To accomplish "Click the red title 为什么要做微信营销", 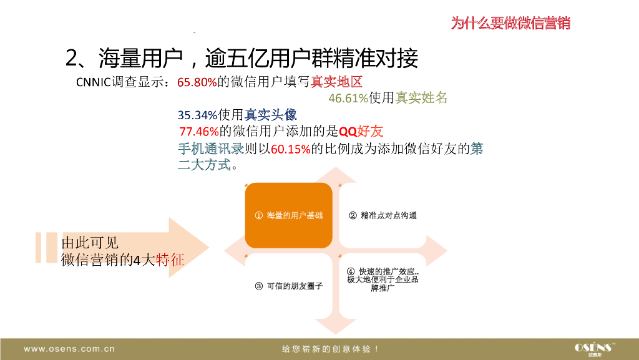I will [x=510, y=24].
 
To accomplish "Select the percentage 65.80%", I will [x=197, y=82].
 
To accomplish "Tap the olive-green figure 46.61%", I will [x=348, y=99].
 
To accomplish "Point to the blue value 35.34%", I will [x=197, y=115].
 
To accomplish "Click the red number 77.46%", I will [x=198, y=132].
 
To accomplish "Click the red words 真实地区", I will [x=337, y=82].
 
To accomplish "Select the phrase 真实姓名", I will [x=422, y=99].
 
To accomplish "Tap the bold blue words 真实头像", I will [x=271, y=115].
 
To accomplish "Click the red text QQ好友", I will [x=361, y=132].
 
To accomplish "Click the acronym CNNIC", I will [x=94, y=82].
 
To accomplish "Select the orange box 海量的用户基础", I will [x=288, y=215].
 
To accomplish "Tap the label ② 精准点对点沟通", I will [x=383, y=215].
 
